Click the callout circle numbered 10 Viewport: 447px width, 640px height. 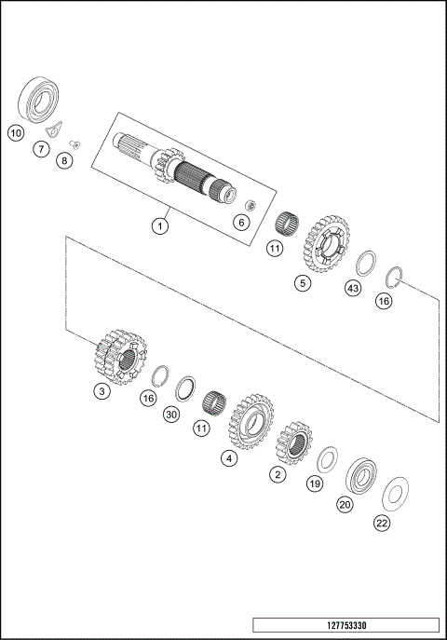16,133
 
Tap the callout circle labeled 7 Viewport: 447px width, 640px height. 41,148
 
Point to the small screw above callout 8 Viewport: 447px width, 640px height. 74,143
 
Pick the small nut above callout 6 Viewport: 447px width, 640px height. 249,204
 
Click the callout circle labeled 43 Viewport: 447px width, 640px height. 352,290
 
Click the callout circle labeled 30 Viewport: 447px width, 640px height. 170,415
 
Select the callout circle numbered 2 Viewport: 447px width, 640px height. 278,474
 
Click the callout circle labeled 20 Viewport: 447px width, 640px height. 345,504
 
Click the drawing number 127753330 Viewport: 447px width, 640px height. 345,624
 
